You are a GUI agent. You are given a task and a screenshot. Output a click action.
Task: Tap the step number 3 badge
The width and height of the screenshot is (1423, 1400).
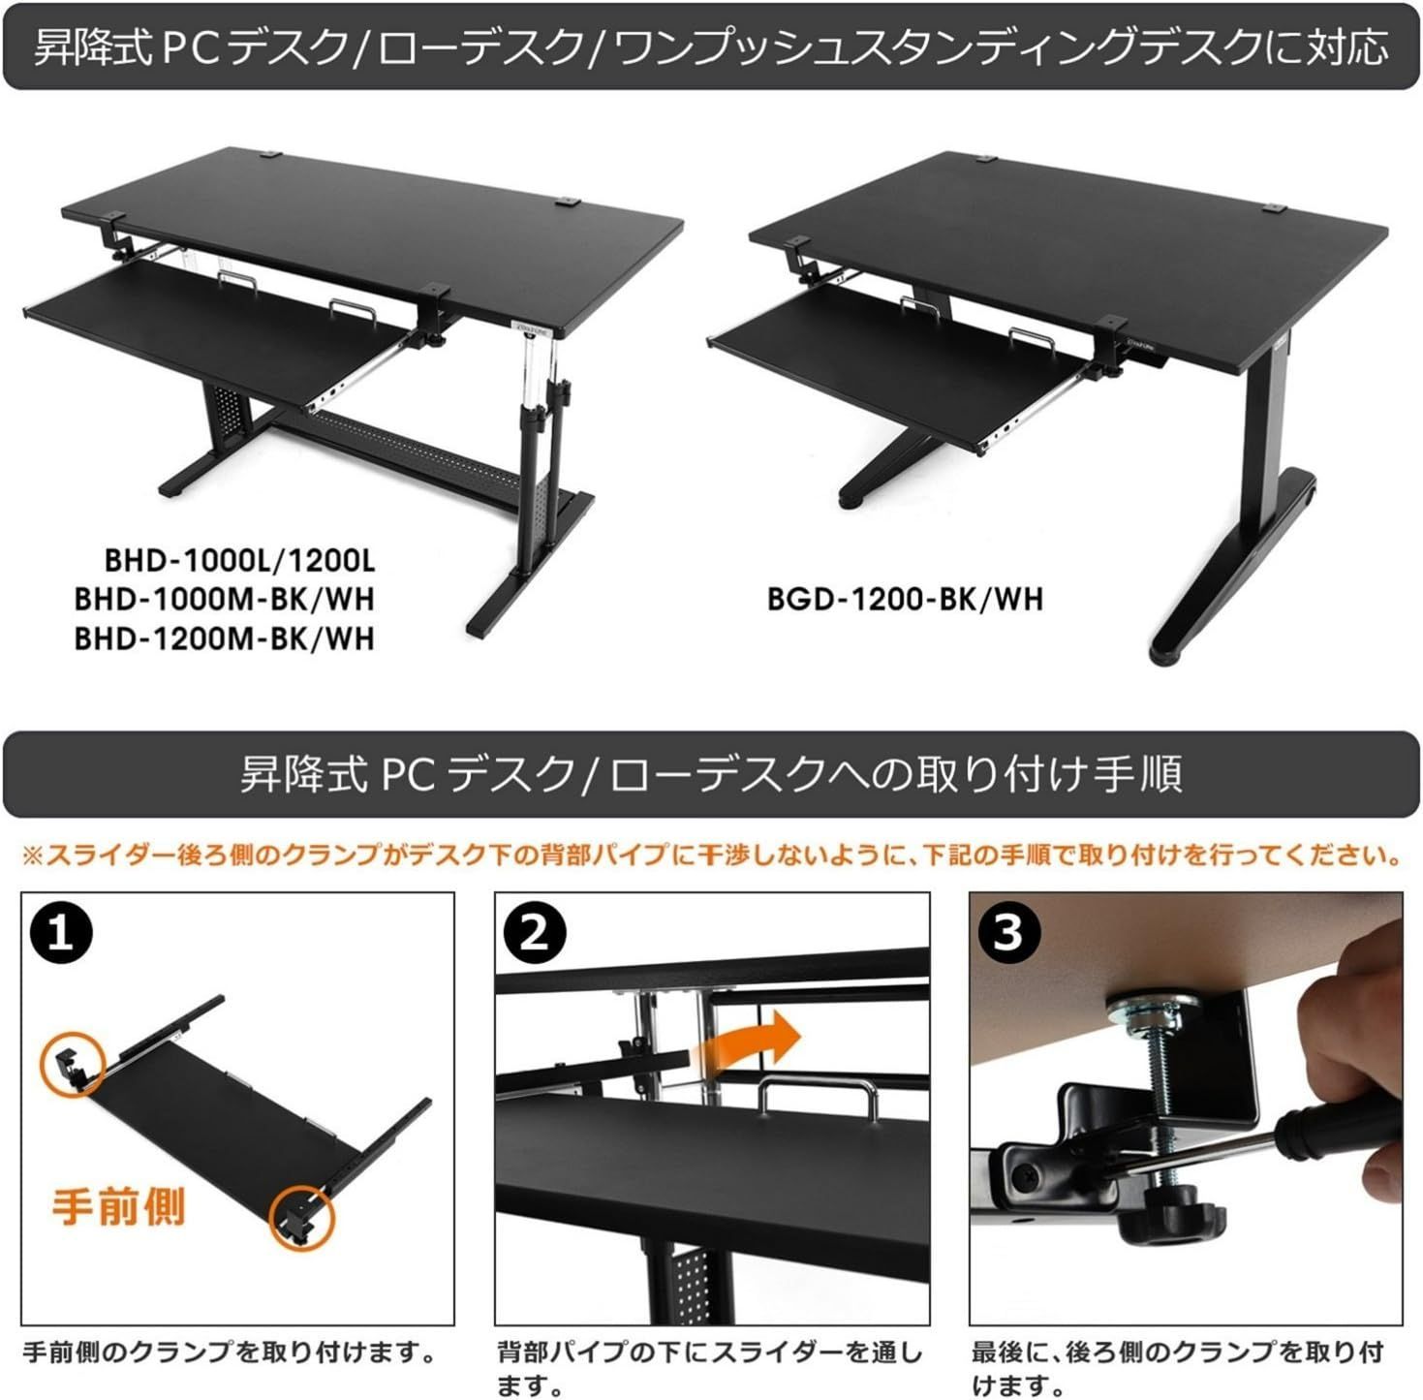1008,933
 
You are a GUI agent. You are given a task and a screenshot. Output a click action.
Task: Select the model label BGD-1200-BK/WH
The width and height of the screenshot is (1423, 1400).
906,599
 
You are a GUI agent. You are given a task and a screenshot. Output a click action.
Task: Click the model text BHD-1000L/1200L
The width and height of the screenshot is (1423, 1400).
240,561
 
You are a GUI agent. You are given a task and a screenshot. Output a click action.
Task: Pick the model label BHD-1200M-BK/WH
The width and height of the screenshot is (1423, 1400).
225,639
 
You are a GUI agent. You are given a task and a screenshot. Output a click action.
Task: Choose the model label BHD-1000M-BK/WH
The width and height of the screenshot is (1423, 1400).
225,599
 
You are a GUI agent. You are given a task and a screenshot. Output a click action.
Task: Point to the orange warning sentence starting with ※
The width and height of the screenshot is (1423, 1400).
712,856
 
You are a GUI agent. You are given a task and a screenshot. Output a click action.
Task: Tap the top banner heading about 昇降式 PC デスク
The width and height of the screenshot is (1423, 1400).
711,48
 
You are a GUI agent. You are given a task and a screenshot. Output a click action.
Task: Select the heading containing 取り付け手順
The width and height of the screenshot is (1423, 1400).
711,774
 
